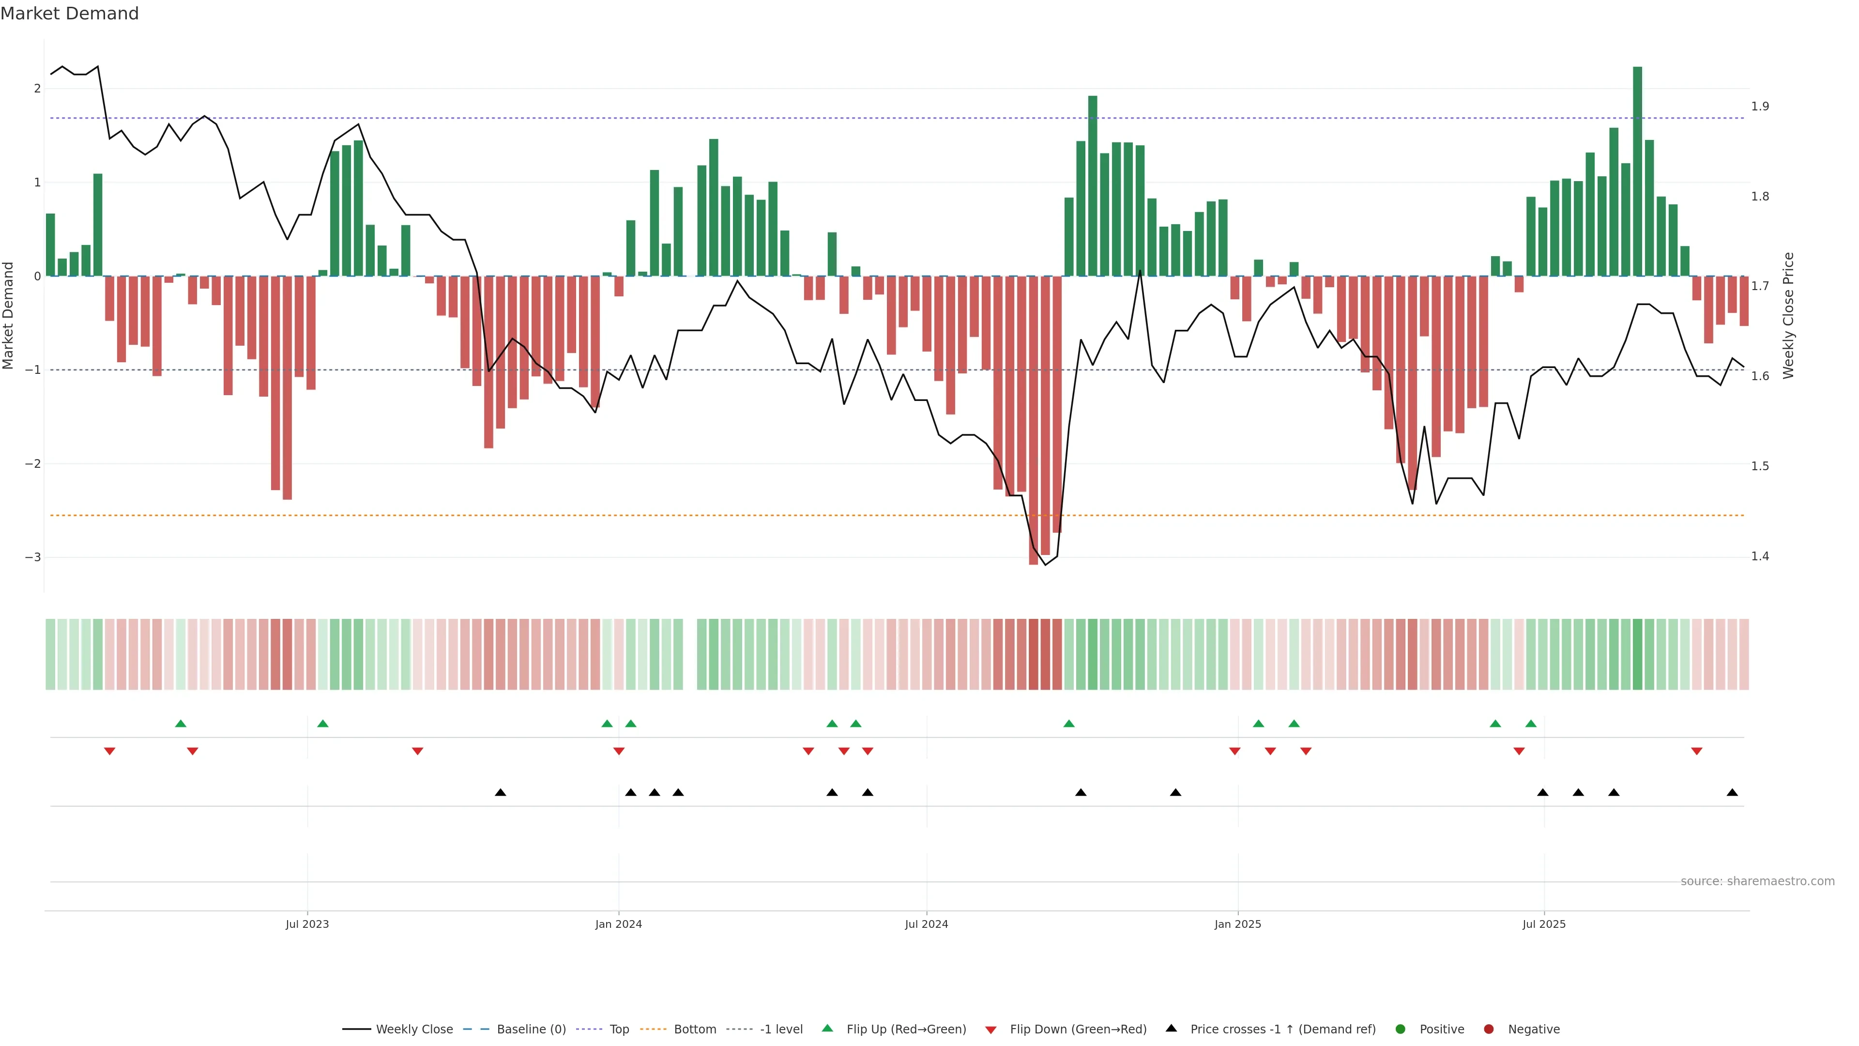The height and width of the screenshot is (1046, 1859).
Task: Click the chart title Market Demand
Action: [x=69, y=14]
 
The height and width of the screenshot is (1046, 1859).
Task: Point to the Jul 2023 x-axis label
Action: [x=307, y=924]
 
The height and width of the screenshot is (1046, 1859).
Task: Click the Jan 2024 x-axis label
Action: [x=619, y=924]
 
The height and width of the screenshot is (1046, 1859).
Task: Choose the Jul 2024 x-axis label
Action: [x=927, y=924]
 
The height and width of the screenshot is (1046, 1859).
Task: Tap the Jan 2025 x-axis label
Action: [x=1238, y=924]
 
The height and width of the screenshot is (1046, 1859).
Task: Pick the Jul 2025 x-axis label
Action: [x=1544, y=924]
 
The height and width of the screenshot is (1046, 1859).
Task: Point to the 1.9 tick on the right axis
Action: [x=1760, y=106]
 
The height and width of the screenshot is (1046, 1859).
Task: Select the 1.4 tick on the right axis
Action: [x=1760, y=556]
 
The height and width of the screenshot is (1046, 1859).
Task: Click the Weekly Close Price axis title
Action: [x=1788, y=315]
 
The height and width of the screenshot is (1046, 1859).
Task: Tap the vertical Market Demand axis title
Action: [x=9, y=315]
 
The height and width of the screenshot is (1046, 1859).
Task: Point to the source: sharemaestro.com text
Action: [x=1757, y=881]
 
